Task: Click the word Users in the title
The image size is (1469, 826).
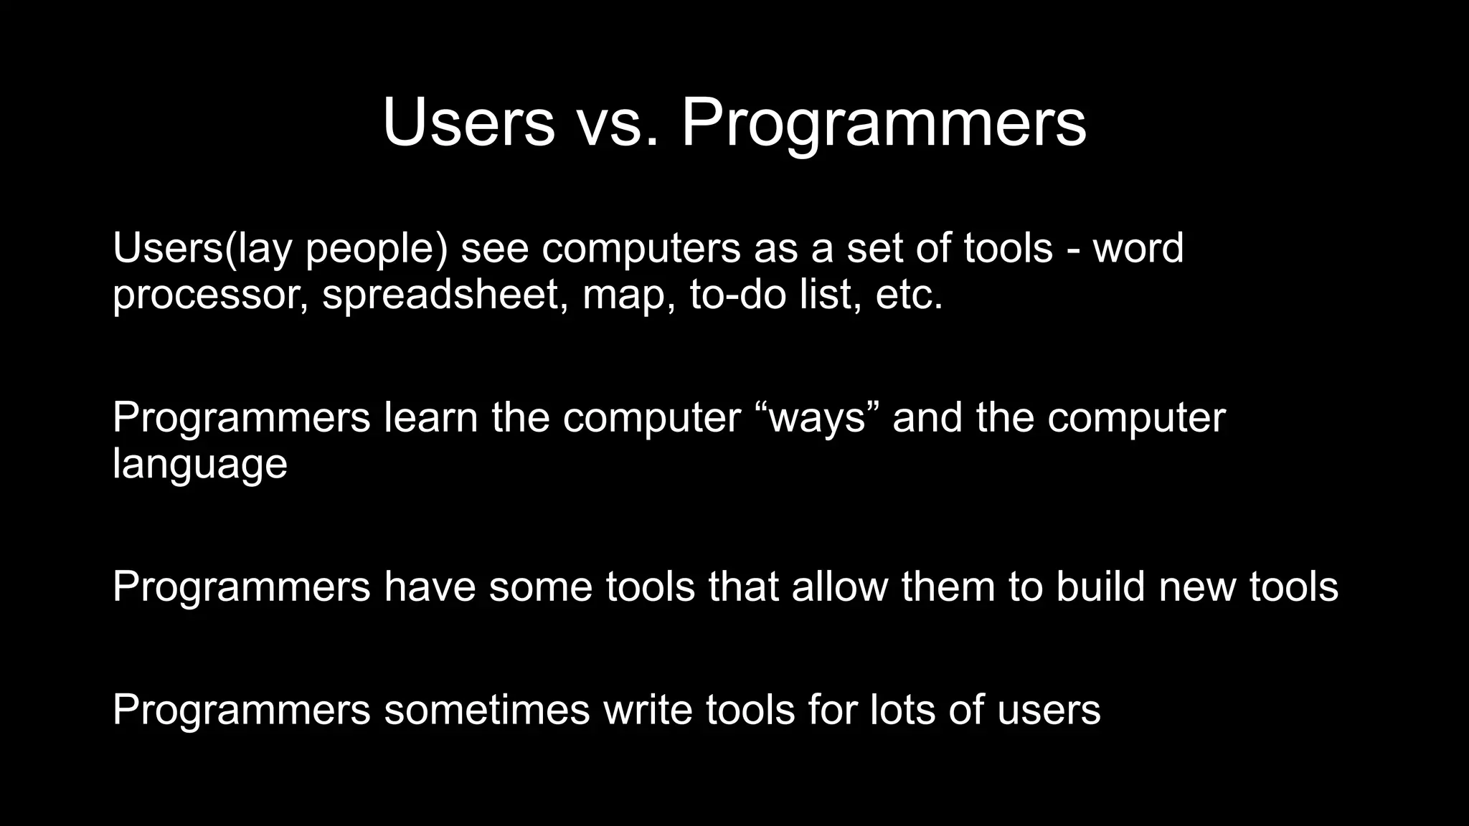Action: pyautogui.click(x=468, y=123)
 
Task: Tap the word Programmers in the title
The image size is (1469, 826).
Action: pyautogui.click(x=883, y=123)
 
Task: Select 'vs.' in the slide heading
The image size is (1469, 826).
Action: pyautogui.click(x=618, y=123)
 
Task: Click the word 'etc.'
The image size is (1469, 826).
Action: pyautogui.click(x=909, y=294)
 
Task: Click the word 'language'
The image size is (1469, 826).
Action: pyautogui.click(x=200, y=465)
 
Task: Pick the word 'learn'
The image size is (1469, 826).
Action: pyautogui.click(x=431, y=417)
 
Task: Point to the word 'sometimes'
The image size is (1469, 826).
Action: pyautogui.click(x=487, y=710)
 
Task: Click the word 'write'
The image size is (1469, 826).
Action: pyautogui.click(x=648, y=710)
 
